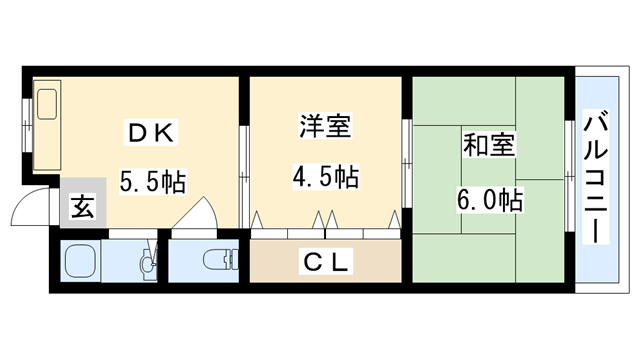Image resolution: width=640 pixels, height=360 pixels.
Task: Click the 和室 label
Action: (x=487, y=145)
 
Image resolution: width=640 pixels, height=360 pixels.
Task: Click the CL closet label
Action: (x=326, y=263)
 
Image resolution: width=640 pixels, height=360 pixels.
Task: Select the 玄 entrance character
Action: (x=83, y=209)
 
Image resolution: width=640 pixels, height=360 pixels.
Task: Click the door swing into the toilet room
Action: (x=194, y=214)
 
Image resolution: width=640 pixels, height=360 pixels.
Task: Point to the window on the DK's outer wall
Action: (x=25, y=131)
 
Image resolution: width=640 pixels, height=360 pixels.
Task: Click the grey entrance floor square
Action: (x=83, y=209)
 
